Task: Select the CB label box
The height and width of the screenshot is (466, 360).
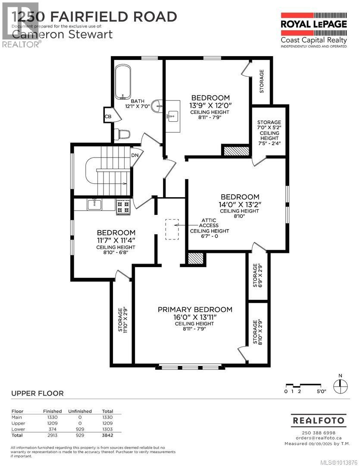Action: [x=108, y=116]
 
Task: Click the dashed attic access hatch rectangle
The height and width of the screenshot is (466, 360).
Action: [x=172, y=229]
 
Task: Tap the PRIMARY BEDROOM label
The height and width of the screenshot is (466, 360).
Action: [x=195, y=309]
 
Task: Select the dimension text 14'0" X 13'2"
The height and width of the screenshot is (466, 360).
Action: [x=239, y=205]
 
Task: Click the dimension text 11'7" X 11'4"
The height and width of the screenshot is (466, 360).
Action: [x=116, y=240]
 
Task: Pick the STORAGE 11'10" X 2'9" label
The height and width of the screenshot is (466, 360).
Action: [x=123, y=319]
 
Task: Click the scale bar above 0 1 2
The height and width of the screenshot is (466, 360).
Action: [x=302, y=385]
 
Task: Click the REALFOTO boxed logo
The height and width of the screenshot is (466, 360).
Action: [x=318, y=420]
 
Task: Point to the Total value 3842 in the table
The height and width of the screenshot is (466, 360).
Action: [x=107, y=435]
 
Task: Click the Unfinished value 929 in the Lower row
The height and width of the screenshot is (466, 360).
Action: [x=80, y=429]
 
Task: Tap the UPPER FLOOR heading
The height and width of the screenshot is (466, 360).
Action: [x=37, y=393]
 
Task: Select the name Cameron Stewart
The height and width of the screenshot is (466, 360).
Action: [x=63, y=34]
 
